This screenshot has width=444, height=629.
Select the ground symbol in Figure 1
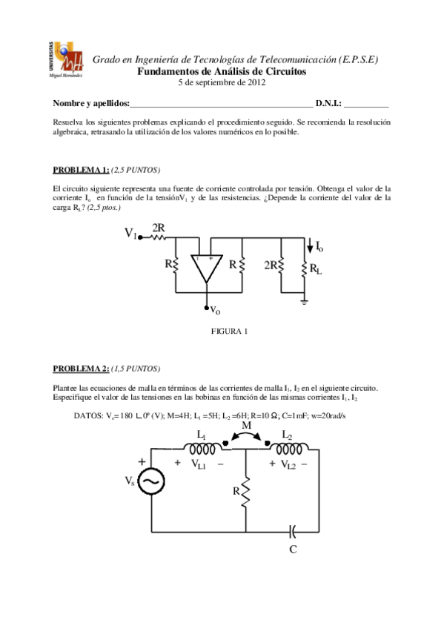tap(305, 301)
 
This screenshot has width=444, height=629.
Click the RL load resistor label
tap(316, 269)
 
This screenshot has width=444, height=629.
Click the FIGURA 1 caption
tap(230, 331)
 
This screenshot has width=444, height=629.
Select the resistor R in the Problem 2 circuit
tap(245, 490)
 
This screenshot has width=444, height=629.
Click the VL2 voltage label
tap(288, 464)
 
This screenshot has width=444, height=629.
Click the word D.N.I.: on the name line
tap(328, 103)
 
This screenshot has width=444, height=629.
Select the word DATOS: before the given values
tap(89, 415)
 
